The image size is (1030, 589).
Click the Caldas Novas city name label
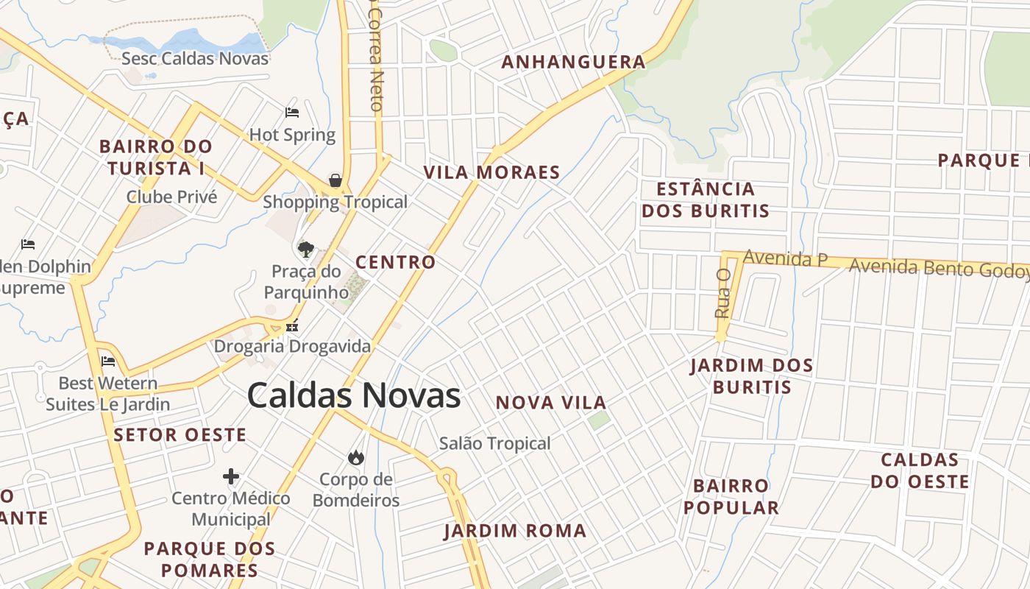[354, 395]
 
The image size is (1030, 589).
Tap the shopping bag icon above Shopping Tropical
[335, 180]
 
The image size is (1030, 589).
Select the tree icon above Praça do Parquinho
[305, 249]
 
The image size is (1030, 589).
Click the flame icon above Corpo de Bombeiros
[356, 458]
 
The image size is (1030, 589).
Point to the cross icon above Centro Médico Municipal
[231, 476]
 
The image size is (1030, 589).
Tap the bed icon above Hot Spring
[292, 113]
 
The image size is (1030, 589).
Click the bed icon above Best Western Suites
[108, 361]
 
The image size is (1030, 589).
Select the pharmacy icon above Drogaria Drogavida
[292, 325]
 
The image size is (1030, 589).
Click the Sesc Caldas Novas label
[195, 58]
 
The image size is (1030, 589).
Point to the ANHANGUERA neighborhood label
[573, 62]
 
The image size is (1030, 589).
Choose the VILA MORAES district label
[491, 172]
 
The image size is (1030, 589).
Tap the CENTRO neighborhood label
[395, 262]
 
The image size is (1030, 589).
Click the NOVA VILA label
[550, 403]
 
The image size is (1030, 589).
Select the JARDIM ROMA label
[514, 531]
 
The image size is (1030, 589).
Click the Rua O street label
[722, 293]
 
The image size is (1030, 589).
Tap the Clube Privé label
[172, 197]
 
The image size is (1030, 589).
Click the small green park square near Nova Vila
[598, 420]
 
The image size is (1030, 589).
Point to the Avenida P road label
[785, 258]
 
